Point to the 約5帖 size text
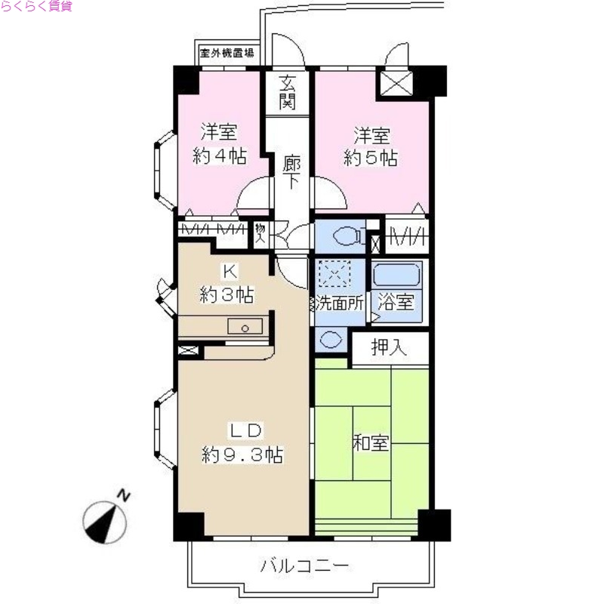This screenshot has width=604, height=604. coord(371,159)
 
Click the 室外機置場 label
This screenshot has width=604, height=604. coord(226,54)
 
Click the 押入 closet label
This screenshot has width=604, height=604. coord(390,348)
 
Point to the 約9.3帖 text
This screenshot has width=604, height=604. coord(242,455)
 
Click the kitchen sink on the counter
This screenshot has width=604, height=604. coord(245,327)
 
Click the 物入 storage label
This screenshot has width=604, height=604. coord(260,233)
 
